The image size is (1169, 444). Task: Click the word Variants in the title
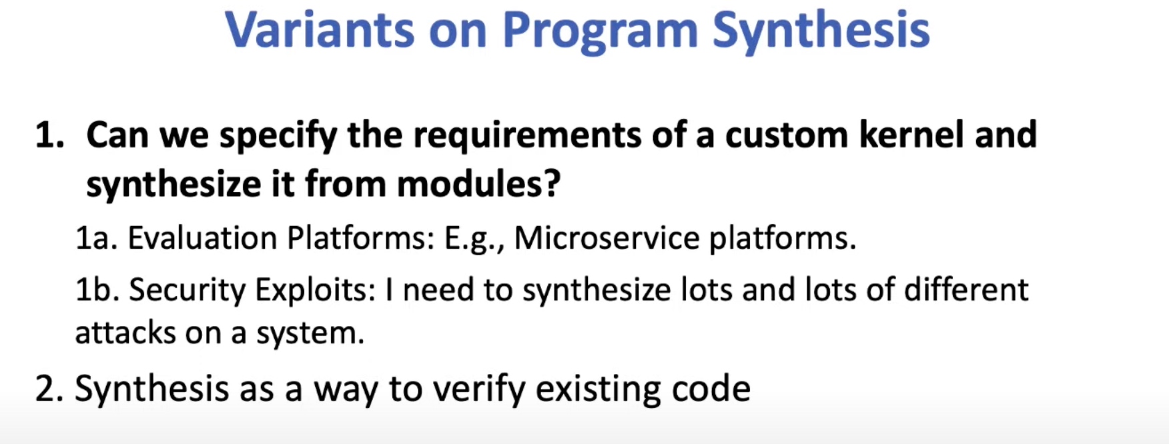(x=319, y=30)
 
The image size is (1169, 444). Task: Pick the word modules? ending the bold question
(x=478, y=183)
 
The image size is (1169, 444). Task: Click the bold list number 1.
(x=49, y=135)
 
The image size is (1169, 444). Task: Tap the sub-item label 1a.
(x=97, y=239)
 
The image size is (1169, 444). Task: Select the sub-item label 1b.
(x=97, y=289)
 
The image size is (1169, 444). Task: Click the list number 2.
(x=50, y=389)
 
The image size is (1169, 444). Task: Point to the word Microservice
(x=606, y=238)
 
